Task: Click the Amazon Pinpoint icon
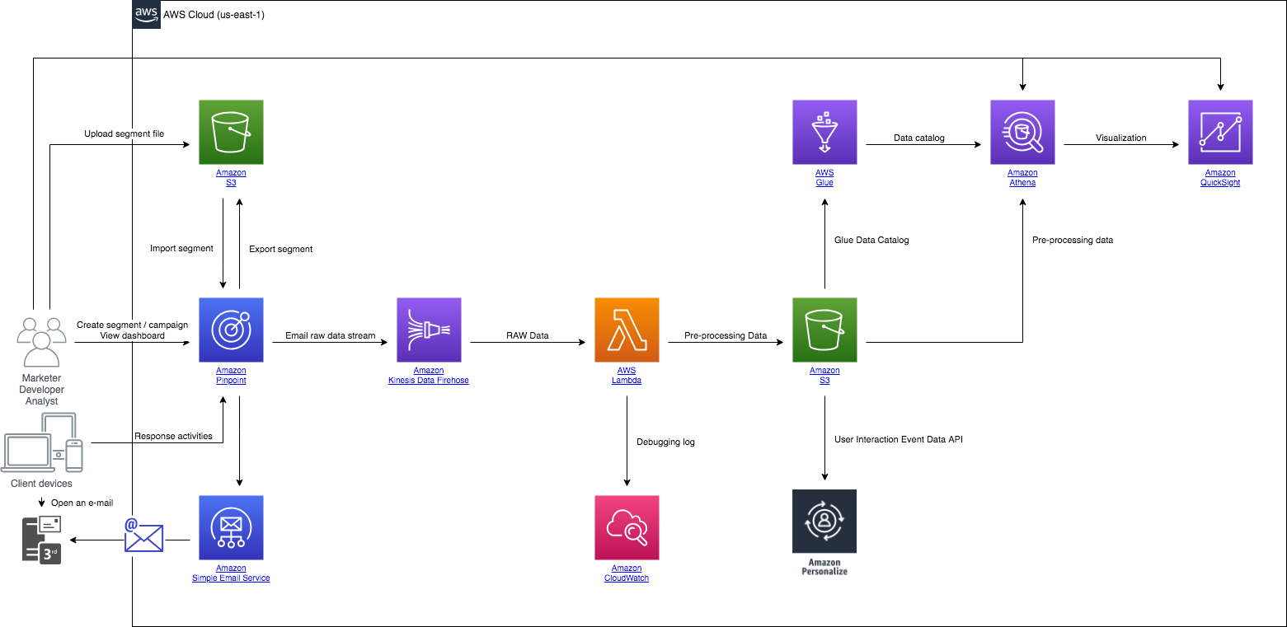pyautogui.click(x=231, y=330)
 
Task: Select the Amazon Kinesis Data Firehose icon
pyautogui.click(x=429, y=330)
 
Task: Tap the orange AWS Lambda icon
pyautogui.click(x=627, y=330)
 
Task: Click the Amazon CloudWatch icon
pyautogui.click(x=627, y=527)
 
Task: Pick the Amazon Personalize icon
pyautogui.click(x=824, y=522)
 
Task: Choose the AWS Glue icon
pyautogui.click(x=824, y=132)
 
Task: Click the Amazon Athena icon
pyautogui.click(x=1022, y=132)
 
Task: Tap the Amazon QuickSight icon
pyautogui.click(x=1220, y=132)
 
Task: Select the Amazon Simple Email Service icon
pyautogui.click(x=231, y=527)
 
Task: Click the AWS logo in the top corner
pyautogui.click(x=147, y=14)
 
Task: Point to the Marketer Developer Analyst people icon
pyautogui.click(x=41, y=342)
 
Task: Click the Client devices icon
pyautogui.click(x=43, y=442)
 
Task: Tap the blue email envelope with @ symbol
pyautogui.click(x=143, y=536)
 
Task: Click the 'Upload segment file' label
pyautogui.click(x=124, y=133)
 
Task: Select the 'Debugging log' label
pyautogui.click(x=665, y=442)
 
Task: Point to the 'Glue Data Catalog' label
pyautogui.click(x=871, y=240)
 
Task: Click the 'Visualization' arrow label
pyautogui.click(x=1121, y=138)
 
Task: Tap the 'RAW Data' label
pyautogui.click(x=528, y=335)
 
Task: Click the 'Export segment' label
pyautogui.click(x=280, y=249)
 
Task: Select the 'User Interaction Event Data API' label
pyautogui.click(x=899, y=439)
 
